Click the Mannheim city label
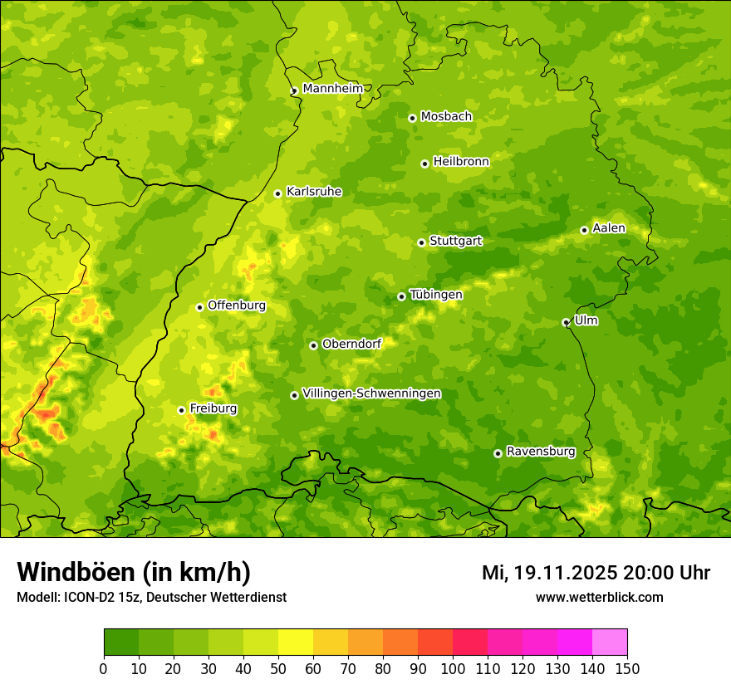click(x=333, y=89)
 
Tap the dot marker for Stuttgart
click(x=422, y=242)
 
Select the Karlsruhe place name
click(x=314, y=192)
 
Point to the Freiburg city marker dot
click(x=181, y=410)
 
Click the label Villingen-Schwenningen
click(x=371, y=393)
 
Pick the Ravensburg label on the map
click(x=541, y=452)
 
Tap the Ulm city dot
click(x=566, y=322)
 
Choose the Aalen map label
click(x=609, y=228)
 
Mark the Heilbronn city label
click(x=461, y=162)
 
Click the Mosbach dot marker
click(x=412, y=118)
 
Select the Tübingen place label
click(x=436, y=295)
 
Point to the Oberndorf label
click(x=351, y=344)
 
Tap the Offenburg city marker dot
click(x=199, y=307)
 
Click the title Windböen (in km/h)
click(x=134, y=572)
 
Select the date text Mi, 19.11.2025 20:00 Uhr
click(x=596, y=573)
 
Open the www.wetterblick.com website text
click(x=599, y=597)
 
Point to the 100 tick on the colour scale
click(x=453, y=668)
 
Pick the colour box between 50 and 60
click(x=296, y=643)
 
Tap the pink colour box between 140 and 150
click(x=610, y=643)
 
